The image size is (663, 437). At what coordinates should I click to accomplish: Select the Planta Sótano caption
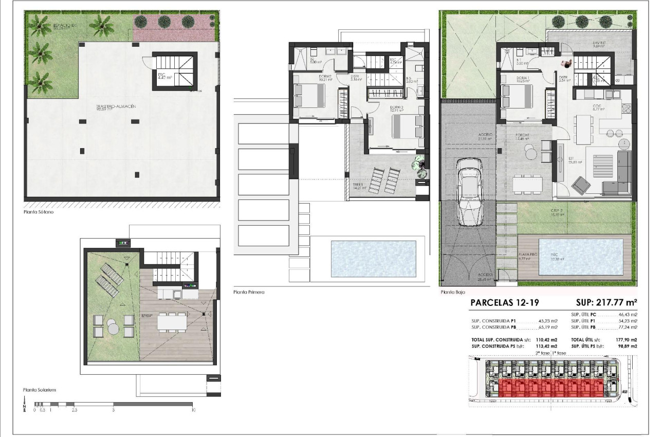(x=39, y=211)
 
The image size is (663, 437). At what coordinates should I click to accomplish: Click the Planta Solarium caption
(x=40, y=390)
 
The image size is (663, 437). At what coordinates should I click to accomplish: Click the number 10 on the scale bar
(x=193, y=410)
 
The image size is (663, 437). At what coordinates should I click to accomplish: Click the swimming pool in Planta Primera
(x=373, y=259)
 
